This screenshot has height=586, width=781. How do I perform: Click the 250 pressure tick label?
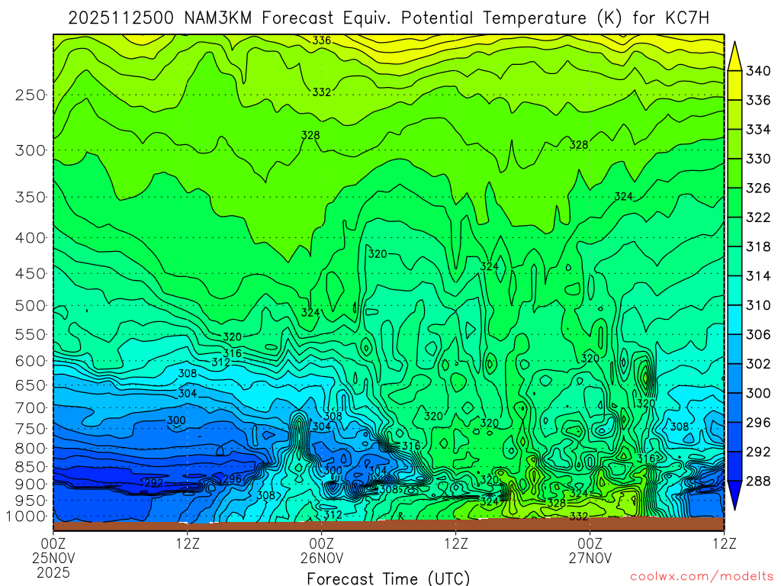[30, 95]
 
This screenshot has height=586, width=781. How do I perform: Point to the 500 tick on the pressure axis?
[30, 306]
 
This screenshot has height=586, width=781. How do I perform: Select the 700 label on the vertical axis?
[30, 407]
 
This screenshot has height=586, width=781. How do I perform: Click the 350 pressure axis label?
[30, 198]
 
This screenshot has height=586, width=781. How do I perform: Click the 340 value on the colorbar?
[758, 72]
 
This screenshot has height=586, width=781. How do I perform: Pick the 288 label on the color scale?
[758, 481]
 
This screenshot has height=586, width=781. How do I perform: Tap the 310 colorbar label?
[758, 305]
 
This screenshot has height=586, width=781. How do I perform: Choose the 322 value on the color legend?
[758, 217]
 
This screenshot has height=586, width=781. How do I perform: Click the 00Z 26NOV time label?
[321, 551]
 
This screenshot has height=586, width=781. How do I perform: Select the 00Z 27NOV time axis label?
[590, 551]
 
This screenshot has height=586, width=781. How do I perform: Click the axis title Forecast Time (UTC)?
[388, 578]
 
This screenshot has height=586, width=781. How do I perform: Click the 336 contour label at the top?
[322, 40]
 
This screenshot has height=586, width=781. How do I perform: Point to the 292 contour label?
[153, 483]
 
